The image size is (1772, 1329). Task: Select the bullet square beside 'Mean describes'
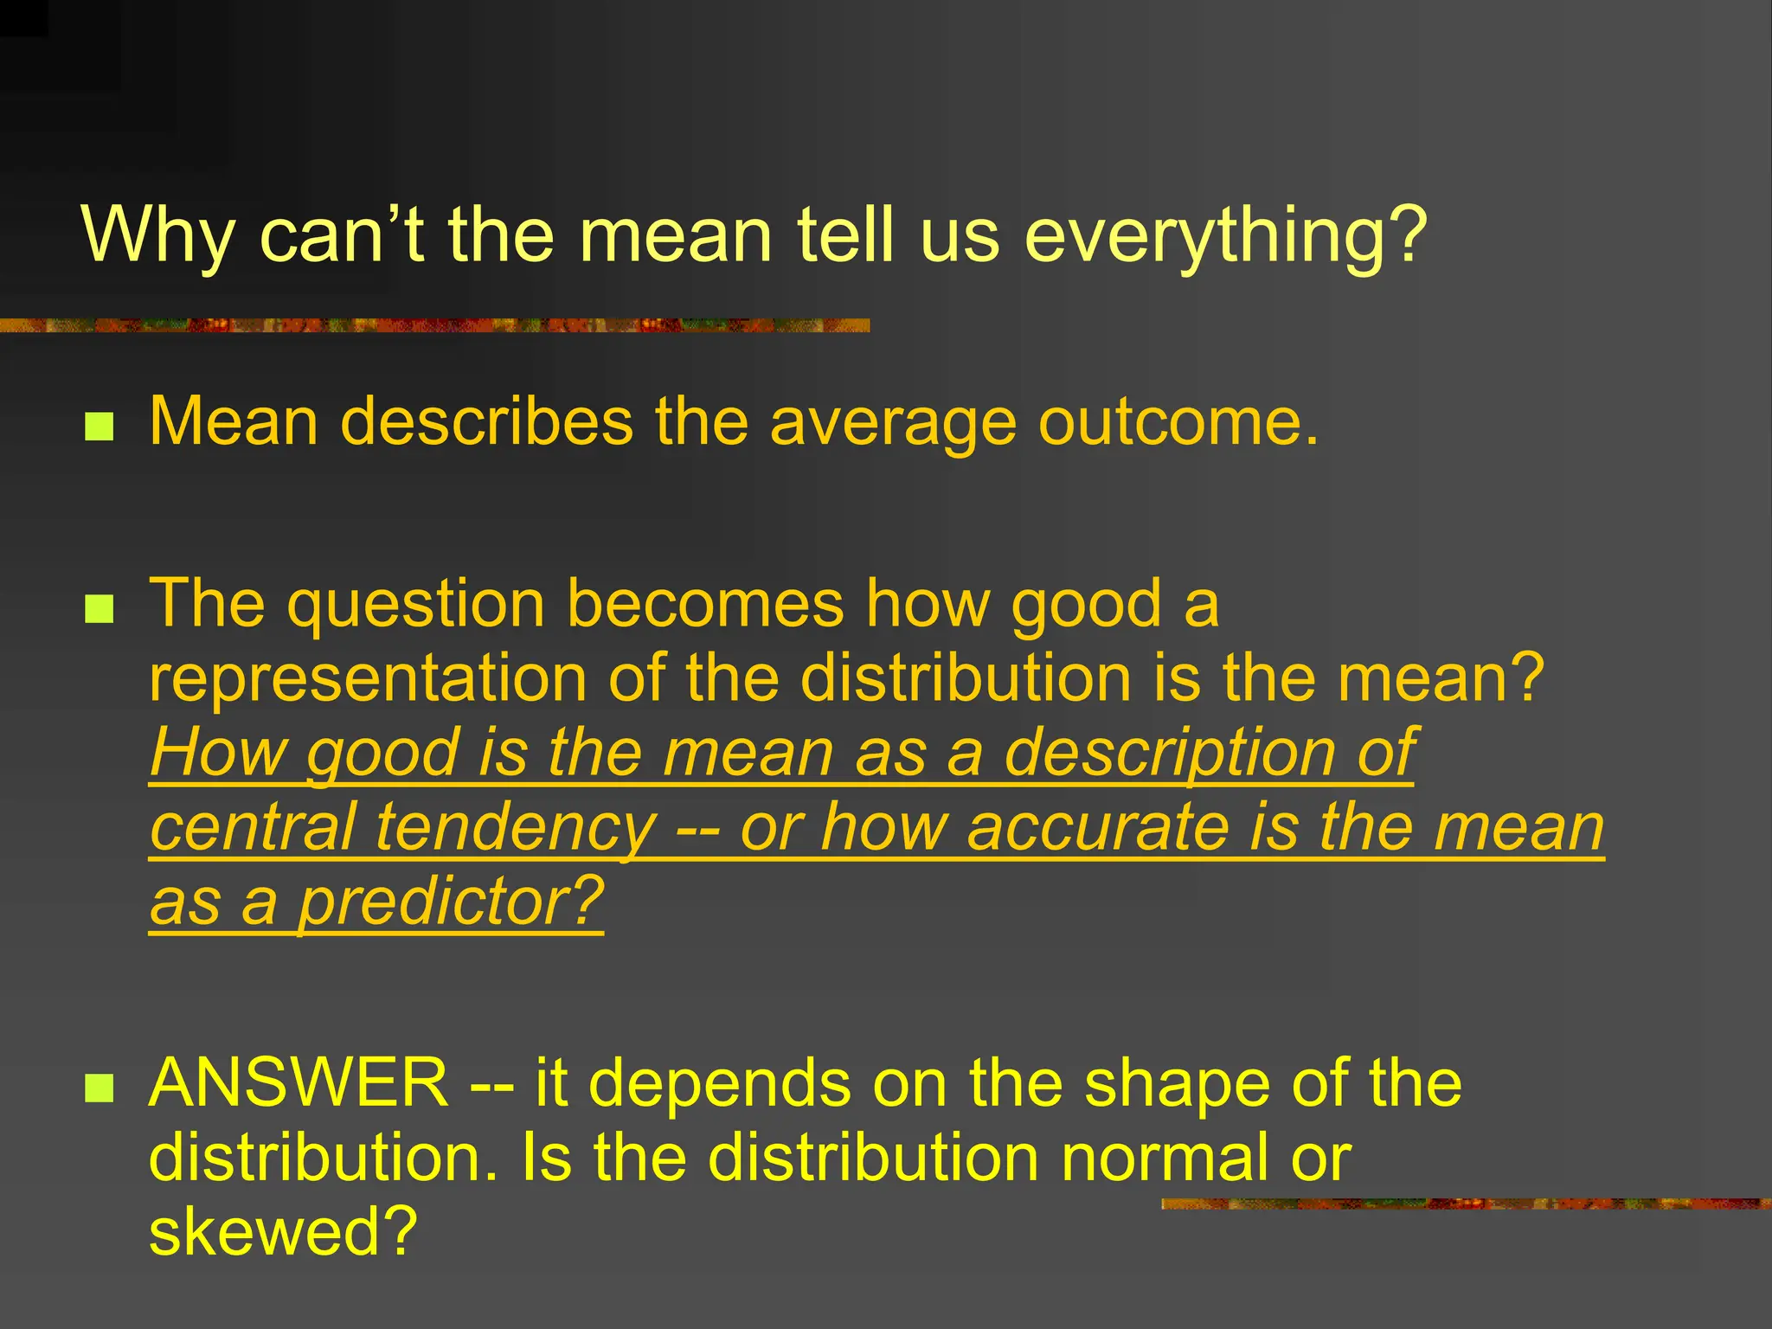pos(100,427)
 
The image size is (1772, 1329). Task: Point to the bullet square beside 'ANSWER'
pos(100,1088)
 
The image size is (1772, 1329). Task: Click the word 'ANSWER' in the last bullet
pos(299,1082)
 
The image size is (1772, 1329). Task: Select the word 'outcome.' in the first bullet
pos(1178,422)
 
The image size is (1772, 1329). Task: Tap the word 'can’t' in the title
pos(341,235)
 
